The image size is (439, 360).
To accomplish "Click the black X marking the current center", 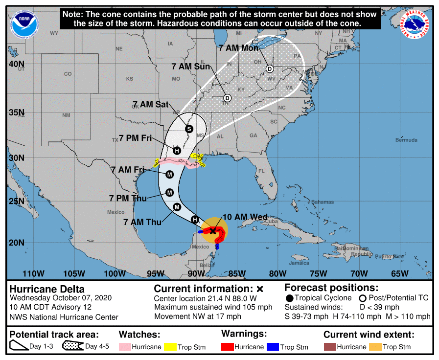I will (213, 230).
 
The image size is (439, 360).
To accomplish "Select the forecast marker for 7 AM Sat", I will (189, 128).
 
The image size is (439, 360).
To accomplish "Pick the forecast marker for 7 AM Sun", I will (228, 98).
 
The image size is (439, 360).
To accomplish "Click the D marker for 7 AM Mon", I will (270, 69).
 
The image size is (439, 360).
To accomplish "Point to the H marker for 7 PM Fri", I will (177, 150).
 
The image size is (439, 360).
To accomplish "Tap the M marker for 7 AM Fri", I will (170, 175).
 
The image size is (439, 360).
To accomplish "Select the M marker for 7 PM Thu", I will (170, 192).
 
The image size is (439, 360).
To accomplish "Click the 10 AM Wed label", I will (244, 217).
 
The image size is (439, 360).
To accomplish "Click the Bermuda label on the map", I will (406, 140).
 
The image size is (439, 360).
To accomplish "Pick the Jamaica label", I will (299, 263).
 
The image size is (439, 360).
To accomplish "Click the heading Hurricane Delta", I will (47, 289).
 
